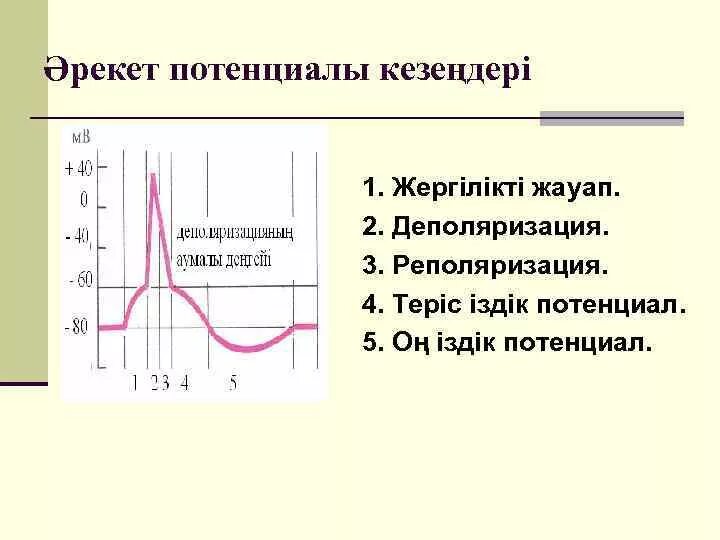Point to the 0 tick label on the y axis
(84, 200)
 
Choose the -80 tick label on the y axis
(76, 326)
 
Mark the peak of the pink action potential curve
(153, 177)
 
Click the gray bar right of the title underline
(611, 118)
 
